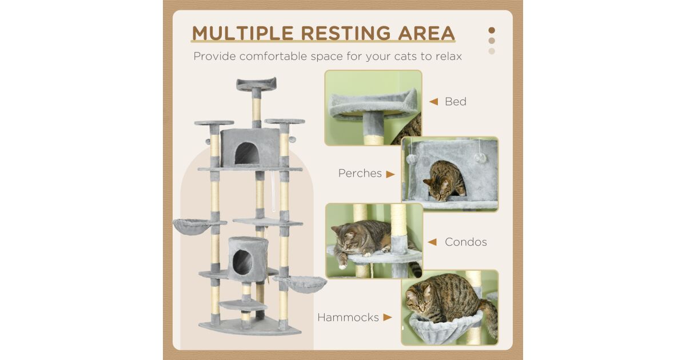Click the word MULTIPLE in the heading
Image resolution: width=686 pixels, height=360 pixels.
coord(243,33)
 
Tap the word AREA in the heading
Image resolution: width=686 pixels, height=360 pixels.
coord(426,33)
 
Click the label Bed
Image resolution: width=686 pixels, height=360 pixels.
coord(456,102)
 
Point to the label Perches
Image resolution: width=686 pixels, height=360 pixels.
coord(360,173)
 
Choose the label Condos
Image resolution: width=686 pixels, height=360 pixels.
coord(465,242)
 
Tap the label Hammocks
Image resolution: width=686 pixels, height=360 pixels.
coord(348,318)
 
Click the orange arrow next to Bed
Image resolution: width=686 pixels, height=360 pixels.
coord(434,102)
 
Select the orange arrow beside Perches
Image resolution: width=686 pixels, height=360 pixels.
coord(390,174)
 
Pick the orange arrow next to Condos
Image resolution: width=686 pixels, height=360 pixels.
coord(432,242)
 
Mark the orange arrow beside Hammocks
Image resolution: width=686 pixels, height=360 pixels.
coord(388,318)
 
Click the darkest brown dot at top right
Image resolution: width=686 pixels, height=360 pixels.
coord(492,30)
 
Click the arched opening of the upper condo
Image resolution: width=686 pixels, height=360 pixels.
coord(247,154)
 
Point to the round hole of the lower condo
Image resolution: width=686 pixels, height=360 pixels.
coord(242,262)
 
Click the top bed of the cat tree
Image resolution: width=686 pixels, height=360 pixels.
coord(256,84)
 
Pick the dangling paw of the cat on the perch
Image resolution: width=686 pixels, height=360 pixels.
coord(342,264)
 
